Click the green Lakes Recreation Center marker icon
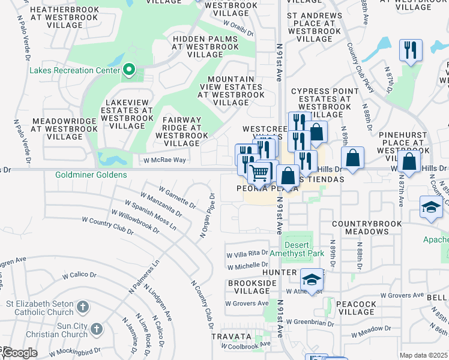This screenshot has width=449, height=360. pos(128,71)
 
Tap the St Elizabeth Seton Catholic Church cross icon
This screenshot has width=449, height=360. pos(83,308)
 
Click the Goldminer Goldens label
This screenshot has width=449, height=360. pos(91,175)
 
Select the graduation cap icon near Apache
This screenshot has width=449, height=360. pos(431,207)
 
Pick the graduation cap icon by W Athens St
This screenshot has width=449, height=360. pos(312,280)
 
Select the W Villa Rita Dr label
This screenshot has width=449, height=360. pos(247,254)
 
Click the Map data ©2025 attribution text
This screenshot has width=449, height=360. pos(423,355)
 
